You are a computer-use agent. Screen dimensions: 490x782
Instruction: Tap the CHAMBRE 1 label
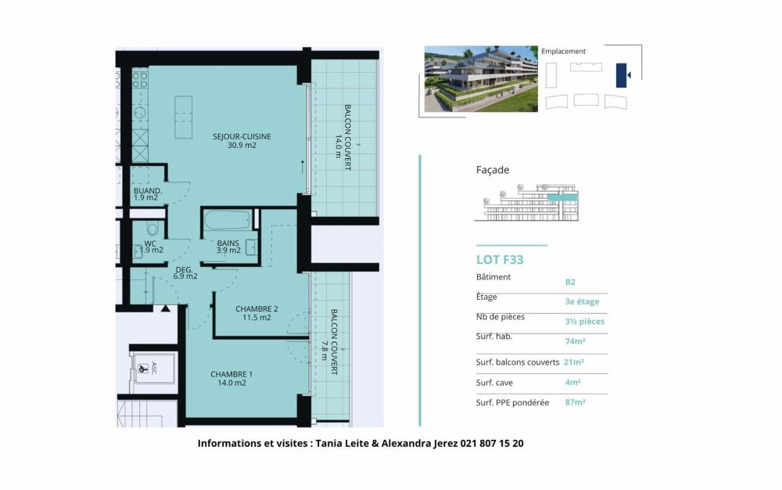click(228, 378)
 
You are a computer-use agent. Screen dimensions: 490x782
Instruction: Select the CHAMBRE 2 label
click(256, 313)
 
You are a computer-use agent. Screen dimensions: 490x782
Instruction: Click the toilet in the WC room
click(152, 230)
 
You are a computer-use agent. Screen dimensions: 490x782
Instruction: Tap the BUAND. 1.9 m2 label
click(147, 194)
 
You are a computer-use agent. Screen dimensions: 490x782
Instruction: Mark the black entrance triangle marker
click(165, 309)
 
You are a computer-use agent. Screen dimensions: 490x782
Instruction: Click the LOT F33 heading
click(500, 260)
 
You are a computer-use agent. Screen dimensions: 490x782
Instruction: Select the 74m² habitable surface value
click(576, 341)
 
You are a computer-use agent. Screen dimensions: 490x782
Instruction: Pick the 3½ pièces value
click(584, 321)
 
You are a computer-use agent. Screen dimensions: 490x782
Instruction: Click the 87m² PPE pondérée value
click(575, 402)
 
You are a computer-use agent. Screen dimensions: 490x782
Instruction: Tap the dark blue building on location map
click(622, 75)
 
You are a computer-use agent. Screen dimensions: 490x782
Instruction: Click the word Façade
click(493, 170)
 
